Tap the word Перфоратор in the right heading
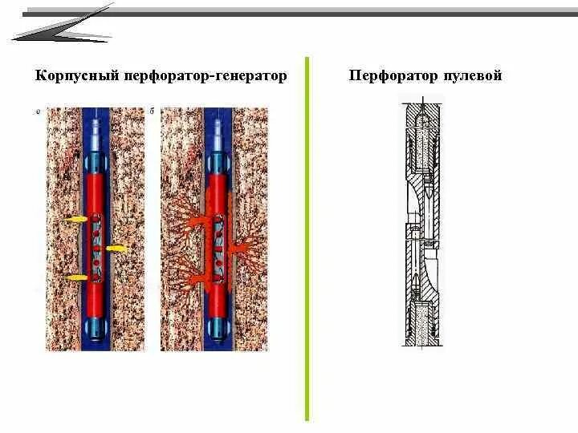pos(392,76)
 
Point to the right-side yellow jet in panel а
pos(118,249)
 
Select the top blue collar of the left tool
pos(96,158)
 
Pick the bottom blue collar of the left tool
pos(96,327)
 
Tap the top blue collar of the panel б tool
pos(214,158)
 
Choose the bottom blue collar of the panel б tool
pos(214,327)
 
